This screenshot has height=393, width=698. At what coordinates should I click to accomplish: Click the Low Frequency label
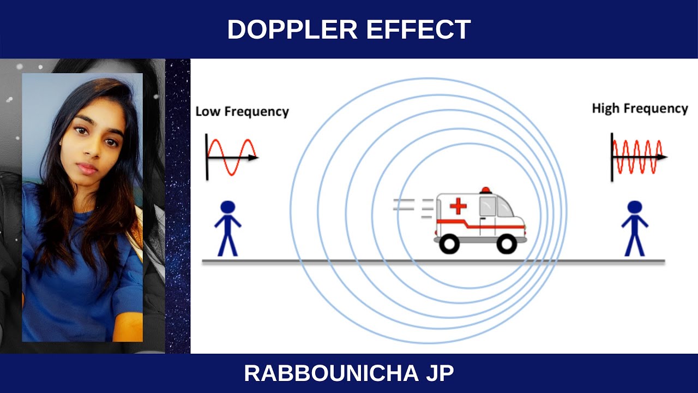pyautogui.click(x=242, y=112)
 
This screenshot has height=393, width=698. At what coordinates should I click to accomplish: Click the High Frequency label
pyautogui.click(x=640, y=109)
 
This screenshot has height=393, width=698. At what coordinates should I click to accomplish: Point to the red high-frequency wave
pyautogui.click(x=637, y=157)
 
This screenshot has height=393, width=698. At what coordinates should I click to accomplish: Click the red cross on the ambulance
pyautogui.click(x=458, y=206)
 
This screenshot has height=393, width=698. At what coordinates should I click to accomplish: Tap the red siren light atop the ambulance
pyautogui.click(x=485, y=190)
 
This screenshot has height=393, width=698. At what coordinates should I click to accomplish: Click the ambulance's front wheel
pyautogui.click(x=507, y=243)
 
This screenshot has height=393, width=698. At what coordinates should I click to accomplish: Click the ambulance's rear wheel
pyautogui.click(x=450, y=243)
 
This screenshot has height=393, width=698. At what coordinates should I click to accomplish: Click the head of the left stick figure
pyautogui.click(x=227, y=207)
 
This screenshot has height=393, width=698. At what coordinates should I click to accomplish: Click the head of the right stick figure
pyautogui.click(x=634, y=207)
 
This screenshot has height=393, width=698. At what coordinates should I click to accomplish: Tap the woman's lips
pyautogui.click(x=87, y=168)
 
